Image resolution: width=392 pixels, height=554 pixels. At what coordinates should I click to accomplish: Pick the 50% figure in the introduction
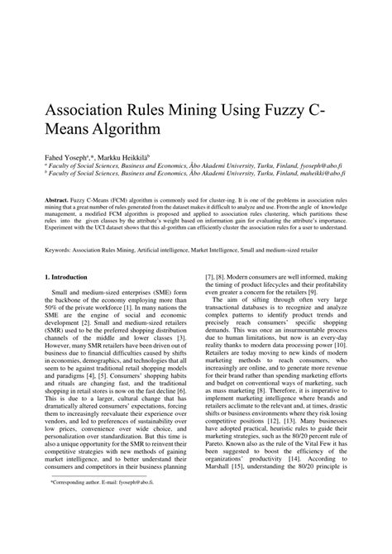pyautogui.click(x=53, y=309)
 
